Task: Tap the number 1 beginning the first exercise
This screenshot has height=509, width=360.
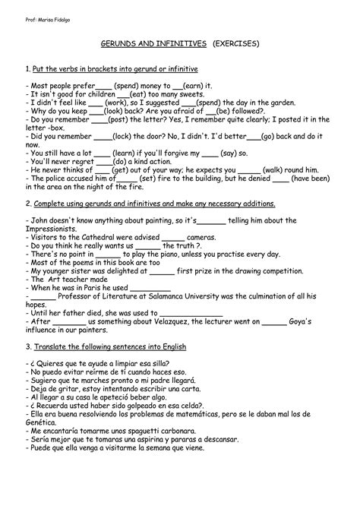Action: pos(27,71)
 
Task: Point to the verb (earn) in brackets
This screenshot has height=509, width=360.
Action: pos(194,86)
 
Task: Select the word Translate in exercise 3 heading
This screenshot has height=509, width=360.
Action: pos(51,346)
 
